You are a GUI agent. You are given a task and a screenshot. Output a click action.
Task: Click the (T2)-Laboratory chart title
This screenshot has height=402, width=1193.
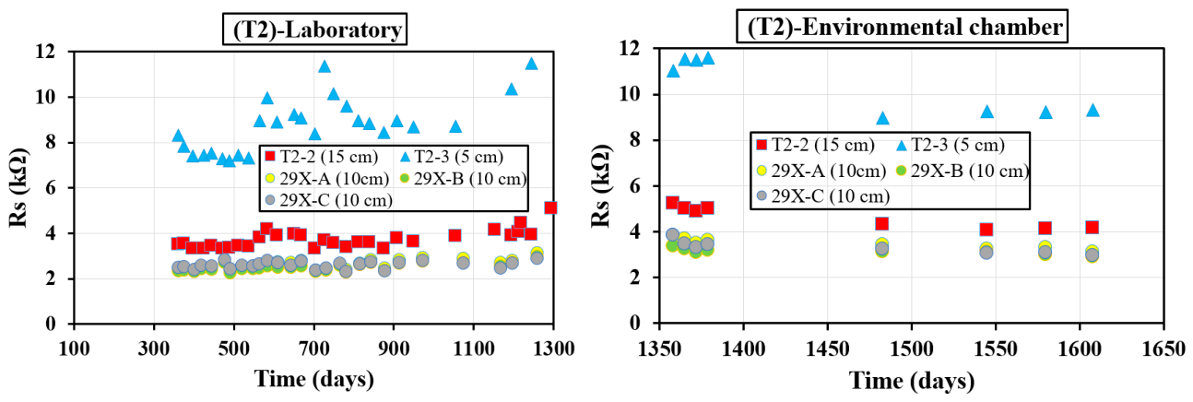click(x=314, y=30)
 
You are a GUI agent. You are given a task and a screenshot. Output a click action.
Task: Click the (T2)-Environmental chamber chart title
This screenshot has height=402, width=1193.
click(x=903, y=26)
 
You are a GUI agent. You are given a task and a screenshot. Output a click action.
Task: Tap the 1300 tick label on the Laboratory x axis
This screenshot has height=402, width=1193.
click(x=554, y=349)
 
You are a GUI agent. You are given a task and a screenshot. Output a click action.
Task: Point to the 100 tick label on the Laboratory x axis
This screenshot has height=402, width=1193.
click(x=74, y=349)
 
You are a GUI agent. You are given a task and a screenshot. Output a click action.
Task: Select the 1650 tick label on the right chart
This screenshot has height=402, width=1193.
click(x=1163, y=349)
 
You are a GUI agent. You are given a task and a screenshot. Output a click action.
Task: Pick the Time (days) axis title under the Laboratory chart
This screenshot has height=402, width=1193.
click(x=314, y=379)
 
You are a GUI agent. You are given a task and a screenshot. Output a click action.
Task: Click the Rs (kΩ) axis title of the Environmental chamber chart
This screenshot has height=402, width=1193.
click(x=601, y=186)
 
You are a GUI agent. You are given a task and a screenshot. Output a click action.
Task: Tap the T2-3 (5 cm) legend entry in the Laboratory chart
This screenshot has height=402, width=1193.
click(x=452, y=157)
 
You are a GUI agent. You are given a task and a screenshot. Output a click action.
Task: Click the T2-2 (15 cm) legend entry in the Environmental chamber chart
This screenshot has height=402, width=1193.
click(x=816, y=144)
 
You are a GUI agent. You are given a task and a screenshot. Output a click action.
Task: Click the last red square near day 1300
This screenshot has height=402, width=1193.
click(x=550, y=207)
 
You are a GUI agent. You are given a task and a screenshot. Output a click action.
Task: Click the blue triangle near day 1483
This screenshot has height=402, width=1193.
click(x=882, y=118)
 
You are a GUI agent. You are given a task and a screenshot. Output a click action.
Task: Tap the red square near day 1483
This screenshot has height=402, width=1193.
click(x=882, y=224)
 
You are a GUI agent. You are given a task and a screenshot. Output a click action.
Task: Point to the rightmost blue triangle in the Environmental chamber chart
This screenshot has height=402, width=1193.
click(x=1093, y=111)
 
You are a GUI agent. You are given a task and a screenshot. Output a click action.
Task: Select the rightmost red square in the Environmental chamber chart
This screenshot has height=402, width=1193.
click(x=1093, y=228)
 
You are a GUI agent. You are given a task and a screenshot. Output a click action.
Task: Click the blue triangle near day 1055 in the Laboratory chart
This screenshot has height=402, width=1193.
click(x=455, y=126)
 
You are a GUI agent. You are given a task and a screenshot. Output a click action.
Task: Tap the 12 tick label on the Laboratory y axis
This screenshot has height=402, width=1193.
click(x=45, y=52)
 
